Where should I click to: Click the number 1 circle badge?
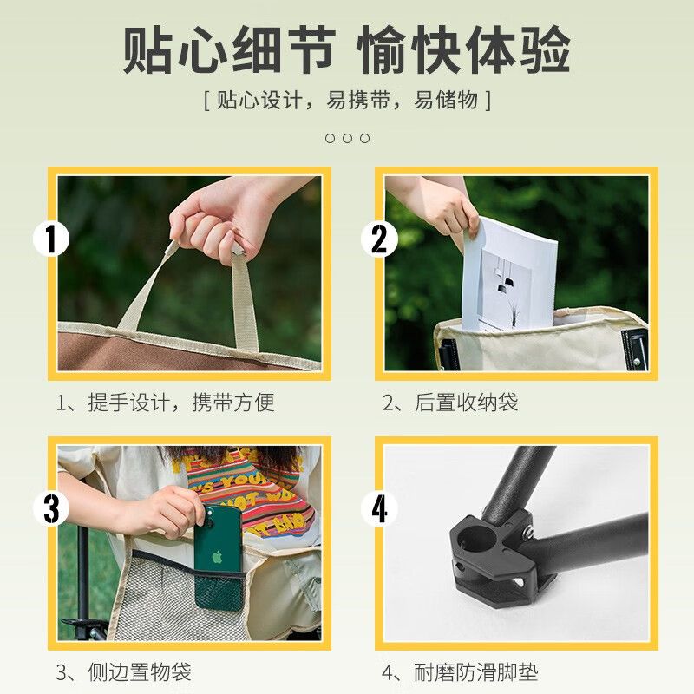click(x=51, y=239)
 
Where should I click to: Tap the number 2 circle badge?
click(x=379, y=239)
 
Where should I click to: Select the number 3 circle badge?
click(x=51, y=508)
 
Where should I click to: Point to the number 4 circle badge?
click(x=379, y=508)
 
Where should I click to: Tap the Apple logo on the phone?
click(x=217, y=557)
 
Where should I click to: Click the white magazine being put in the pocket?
click(x=509, y=274)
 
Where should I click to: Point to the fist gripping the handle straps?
click(x=212, y=226)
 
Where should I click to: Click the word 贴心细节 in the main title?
click(x=229, y=49)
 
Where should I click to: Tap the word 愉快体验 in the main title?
click(x=463, y=49)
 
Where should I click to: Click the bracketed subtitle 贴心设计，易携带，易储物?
click(x=348, y=100)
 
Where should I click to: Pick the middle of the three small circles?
click(x=348, y=139)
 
